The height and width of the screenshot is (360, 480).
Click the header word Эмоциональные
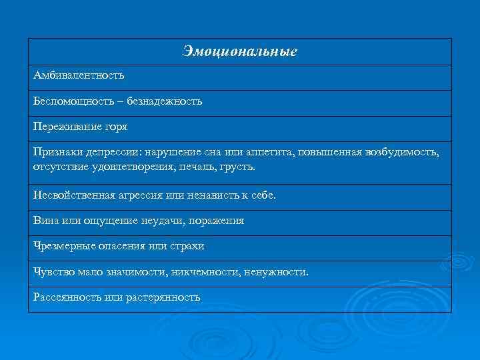[x=239, y=51]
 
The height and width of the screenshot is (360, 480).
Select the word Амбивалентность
[x=79, y=76]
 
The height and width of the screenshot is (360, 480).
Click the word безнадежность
[x=166, y=101]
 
